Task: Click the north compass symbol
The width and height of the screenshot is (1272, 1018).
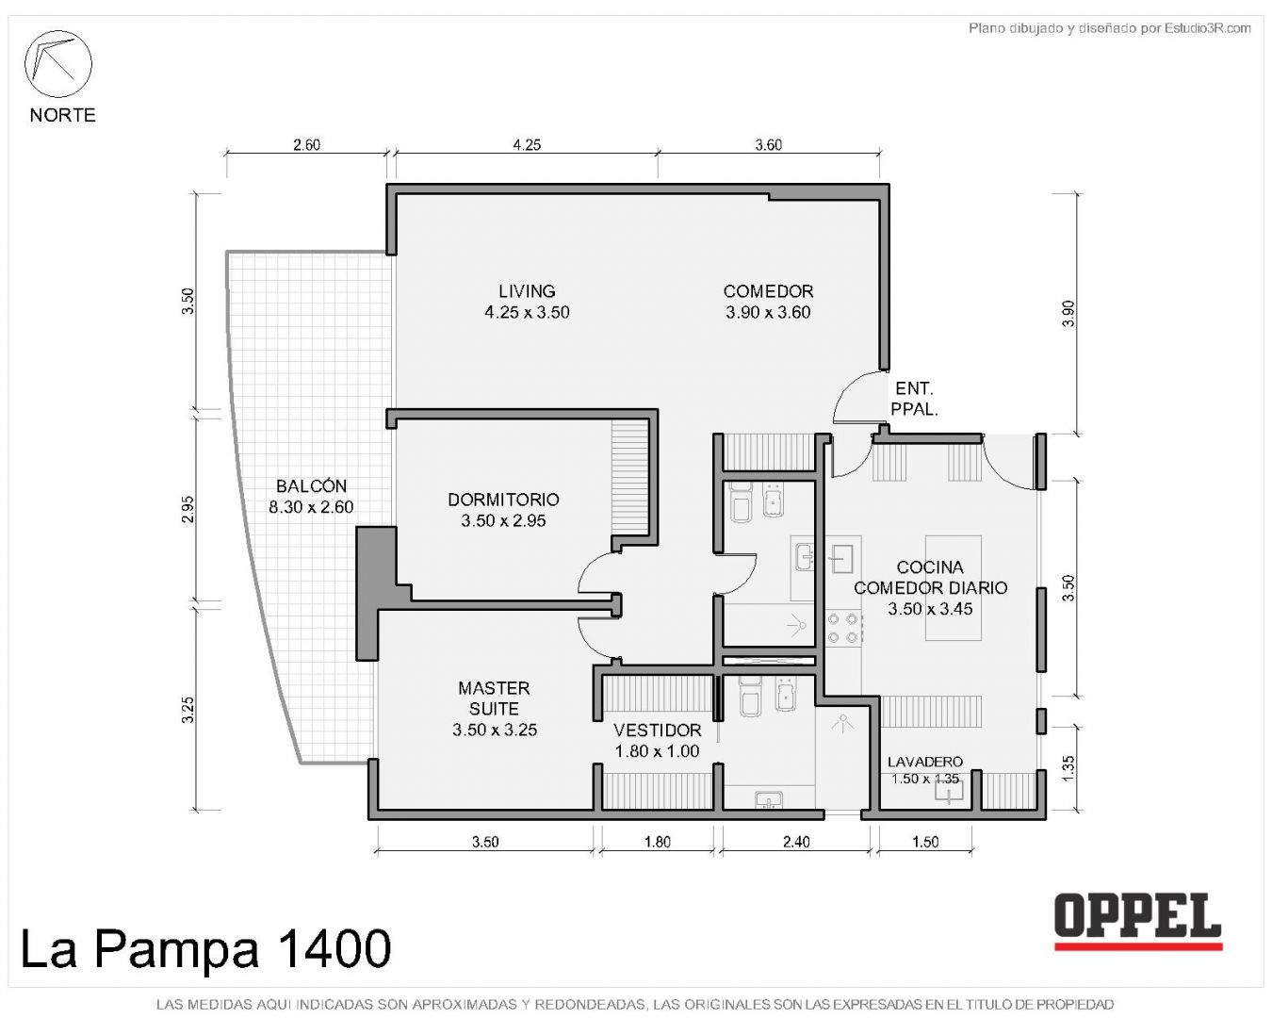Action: coord(57,64)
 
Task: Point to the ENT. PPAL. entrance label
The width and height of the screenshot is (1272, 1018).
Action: coord(914,399)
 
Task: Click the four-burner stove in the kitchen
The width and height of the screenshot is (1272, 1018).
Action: coord(843,628)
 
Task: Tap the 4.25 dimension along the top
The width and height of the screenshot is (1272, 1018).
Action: coord(527,144)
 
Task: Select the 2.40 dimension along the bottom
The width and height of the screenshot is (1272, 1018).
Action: coord(796,841)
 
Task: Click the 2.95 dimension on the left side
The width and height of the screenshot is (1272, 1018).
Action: coord(188,509)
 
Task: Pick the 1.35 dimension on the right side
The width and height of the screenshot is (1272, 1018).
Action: coord(1068,768)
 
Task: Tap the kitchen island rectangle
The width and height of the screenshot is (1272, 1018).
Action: coord(953,588)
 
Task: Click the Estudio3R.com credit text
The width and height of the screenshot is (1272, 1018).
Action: coord(1109,27)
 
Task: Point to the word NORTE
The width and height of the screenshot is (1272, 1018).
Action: coord(62,115)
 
